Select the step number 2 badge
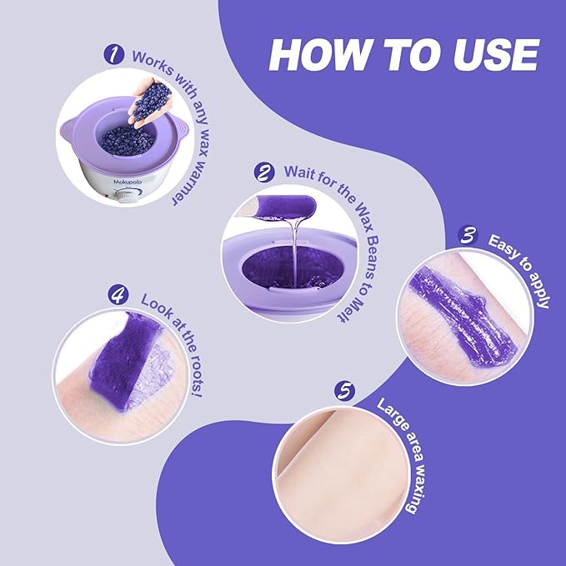[264, 173]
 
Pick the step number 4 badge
[118, 293]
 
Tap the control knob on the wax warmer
[129, 194]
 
